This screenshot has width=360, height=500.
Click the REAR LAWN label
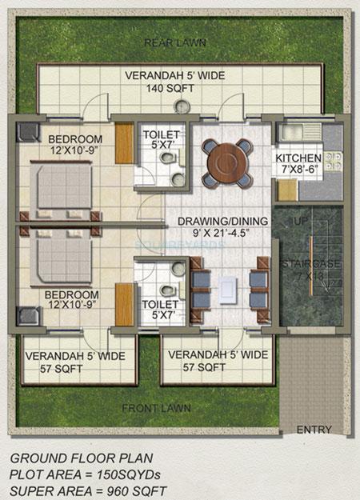coord(174,42)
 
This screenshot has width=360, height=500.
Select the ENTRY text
coord(314,430)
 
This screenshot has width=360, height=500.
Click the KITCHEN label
coord(298,158)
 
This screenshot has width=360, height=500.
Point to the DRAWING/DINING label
coord(213,222)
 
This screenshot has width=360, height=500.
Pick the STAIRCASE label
coord(308,263)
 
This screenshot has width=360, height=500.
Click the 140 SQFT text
coord(174,90)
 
